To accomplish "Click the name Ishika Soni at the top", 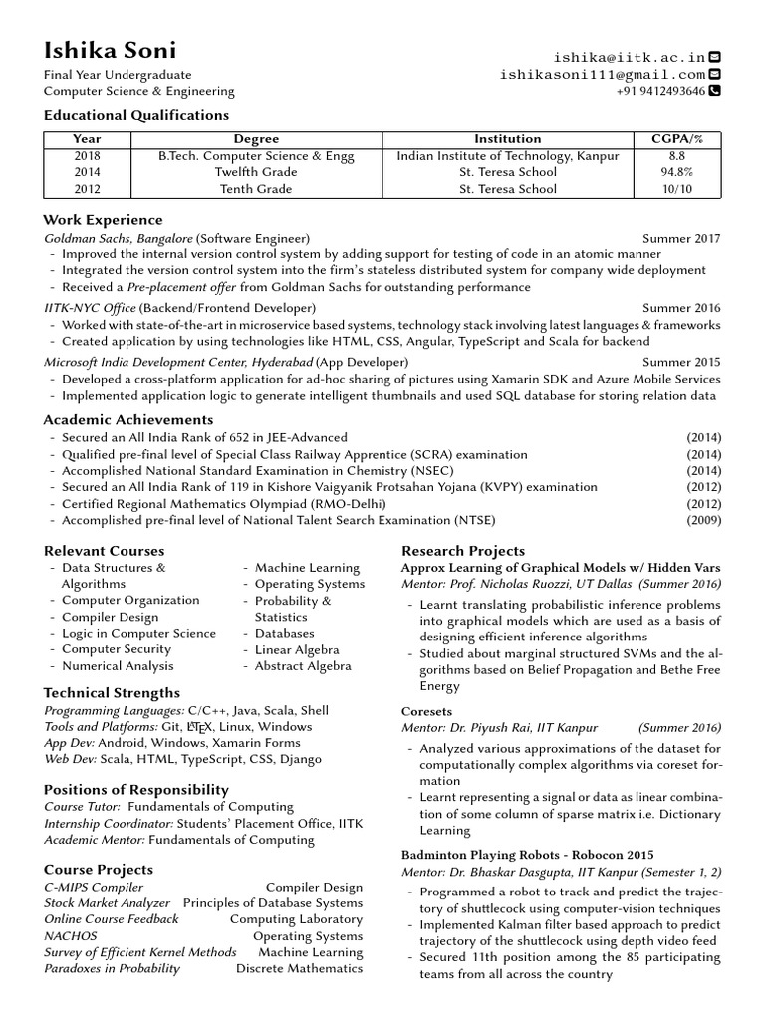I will point(111,50).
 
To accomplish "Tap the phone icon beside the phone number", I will point(714,91).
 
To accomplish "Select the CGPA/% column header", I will point(677,139).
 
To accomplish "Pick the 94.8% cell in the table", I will point(677,172).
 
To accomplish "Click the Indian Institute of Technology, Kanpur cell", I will point(507,156).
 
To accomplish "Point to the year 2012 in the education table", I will point(87,188).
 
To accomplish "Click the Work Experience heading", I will point(103,220).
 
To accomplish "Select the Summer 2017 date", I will point(681,239).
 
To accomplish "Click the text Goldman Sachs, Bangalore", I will point(119,239).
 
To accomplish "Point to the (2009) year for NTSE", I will point(703,520).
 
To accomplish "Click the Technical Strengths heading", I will point(112,693).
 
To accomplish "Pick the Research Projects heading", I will point(462,551).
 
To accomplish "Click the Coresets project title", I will point(426,712).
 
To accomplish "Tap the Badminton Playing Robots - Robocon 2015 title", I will point(527,855).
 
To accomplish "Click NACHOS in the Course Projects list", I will point(71,936).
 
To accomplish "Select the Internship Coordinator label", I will point(109,823).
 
